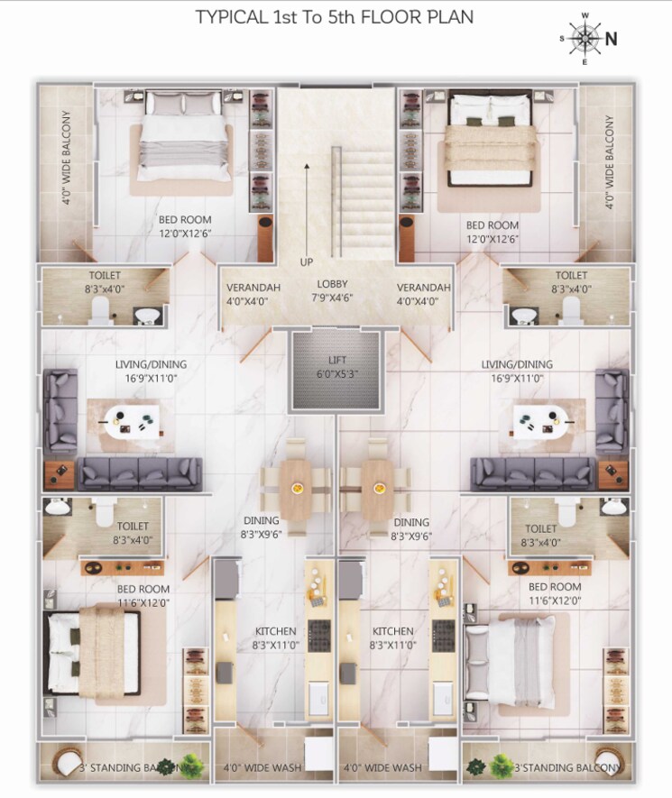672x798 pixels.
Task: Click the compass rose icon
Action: [586, 38]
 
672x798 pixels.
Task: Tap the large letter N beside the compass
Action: [611, 38]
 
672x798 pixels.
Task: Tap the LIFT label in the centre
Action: [337, 360]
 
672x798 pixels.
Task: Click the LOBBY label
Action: [332, 285]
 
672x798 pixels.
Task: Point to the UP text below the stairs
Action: [308, 262]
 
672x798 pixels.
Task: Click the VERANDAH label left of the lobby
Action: [253, 288]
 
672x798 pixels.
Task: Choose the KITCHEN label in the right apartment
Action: [392, 631]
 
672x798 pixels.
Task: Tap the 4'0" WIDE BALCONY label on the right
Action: [611, 163]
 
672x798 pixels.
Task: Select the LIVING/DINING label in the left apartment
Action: [157, 364]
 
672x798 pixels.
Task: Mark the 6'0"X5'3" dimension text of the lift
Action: [337, 374]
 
